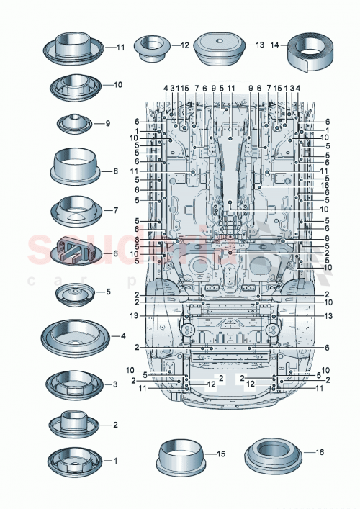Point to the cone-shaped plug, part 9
tap(75, 123)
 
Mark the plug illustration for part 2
tap(75, 423)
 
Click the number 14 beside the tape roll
tap(274, 45)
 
